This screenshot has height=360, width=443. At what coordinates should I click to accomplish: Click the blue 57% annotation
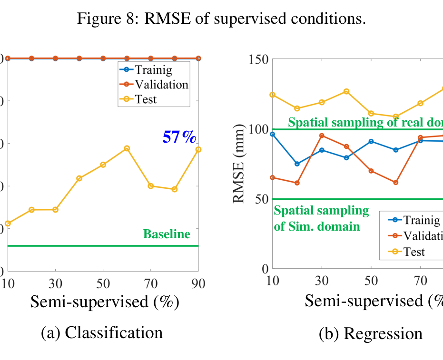click(x=179, y=137)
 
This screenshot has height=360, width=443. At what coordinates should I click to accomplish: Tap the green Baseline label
click(x=167, y=234)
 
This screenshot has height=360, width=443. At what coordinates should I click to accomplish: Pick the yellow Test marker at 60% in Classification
click(x=127, y=148)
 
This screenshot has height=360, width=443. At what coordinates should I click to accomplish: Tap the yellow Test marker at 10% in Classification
click(x=8, y=223)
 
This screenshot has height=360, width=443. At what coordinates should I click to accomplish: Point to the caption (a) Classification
click(x=102, y=332)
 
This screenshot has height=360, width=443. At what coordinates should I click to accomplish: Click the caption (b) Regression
click(x=370, y=333)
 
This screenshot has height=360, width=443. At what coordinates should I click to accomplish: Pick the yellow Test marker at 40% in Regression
click(x=346, y=91)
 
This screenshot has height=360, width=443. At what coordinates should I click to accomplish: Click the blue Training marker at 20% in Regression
click(x=297, y=164)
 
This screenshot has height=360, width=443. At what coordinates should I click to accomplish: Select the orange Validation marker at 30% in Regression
click(x=322, y=136)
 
